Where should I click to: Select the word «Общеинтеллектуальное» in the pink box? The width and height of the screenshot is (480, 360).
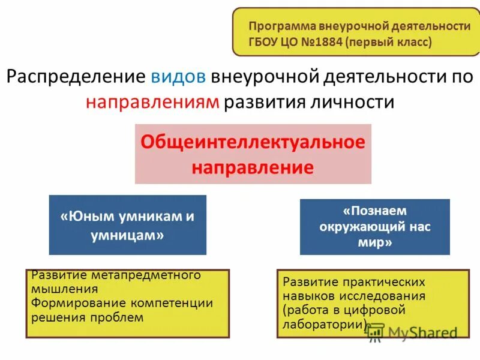[253, 143]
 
